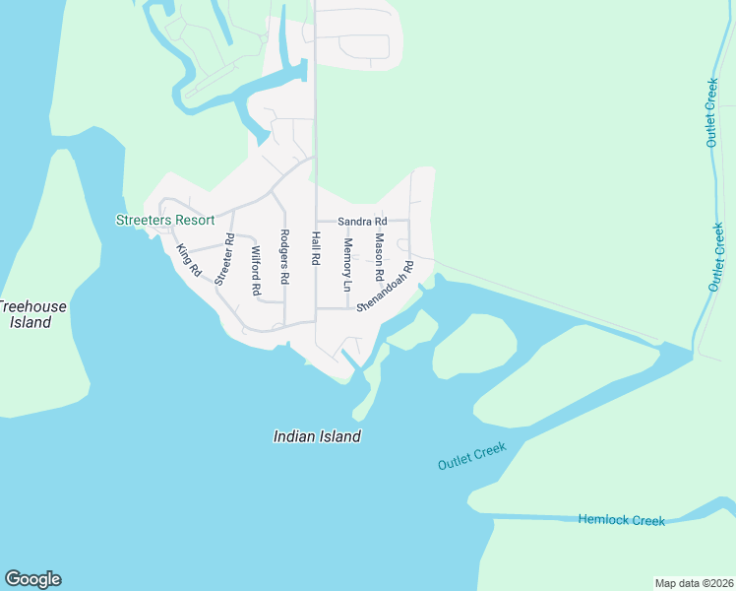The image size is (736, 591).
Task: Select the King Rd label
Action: pos(188,259)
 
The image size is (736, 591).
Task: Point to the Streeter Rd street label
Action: pos(225,259)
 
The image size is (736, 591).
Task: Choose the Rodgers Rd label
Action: pos(284,256)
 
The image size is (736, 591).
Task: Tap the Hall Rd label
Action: pos(316,248)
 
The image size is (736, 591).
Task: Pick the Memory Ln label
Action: pos(346,264)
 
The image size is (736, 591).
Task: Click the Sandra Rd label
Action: pos(362,222)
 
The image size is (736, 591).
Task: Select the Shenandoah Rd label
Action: pos(385,286)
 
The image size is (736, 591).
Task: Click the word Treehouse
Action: pos(32,306)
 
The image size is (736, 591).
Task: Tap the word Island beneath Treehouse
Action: pos(31,322)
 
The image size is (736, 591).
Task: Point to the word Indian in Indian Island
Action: pos(294,436)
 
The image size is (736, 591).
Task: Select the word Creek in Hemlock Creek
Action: pos(647,520)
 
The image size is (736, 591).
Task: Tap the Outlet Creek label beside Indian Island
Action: pos(472,456)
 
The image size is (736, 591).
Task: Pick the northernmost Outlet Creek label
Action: pos(711,113)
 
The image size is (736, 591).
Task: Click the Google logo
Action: pos(32,579)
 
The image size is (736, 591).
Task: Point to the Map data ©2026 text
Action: pos(694,583)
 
